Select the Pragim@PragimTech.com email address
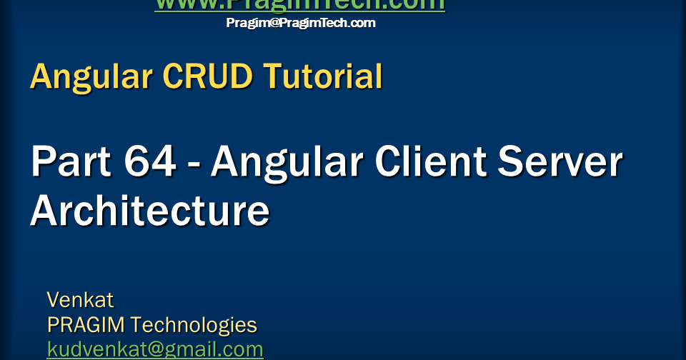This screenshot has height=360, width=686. [300, 23]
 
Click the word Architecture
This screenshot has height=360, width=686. [150, 211]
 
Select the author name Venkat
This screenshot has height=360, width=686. [80, 299]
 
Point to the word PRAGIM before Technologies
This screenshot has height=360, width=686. [86, 325]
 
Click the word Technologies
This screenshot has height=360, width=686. [194, 325]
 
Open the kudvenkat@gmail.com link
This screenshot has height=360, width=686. [155, 350]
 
